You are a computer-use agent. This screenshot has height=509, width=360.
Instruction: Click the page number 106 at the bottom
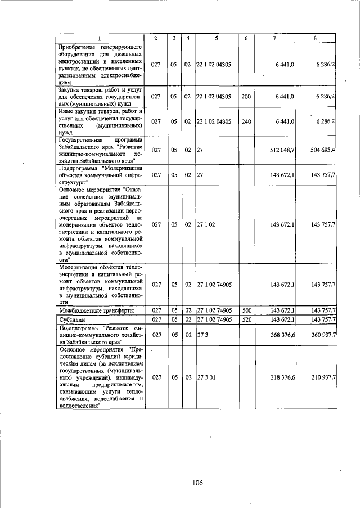coord(197,483)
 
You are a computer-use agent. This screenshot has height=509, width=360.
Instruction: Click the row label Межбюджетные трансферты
coord(87,310)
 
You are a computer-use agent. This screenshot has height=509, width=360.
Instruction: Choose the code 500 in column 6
coord(246,310)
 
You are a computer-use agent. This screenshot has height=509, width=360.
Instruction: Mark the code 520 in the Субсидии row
coord(246,319)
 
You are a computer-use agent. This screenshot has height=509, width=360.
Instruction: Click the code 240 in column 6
coord(246,121)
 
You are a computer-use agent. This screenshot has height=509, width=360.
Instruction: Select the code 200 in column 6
coord(246,97)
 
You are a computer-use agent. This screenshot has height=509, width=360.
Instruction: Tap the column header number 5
coord(216,38)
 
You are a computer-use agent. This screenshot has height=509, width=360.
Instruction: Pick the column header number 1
coord(99,38)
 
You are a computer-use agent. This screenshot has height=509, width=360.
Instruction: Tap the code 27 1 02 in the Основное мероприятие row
coord(204,224)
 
